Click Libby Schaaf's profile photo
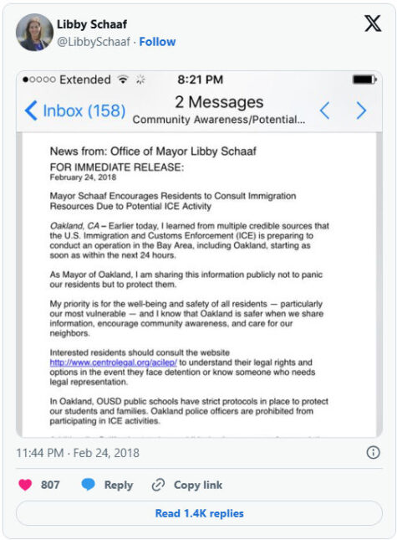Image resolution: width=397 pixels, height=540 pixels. [x=34, y=32]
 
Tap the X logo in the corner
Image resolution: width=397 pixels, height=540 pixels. [x=373, y=23]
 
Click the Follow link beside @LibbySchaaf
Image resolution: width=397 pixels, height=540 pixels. [x=157, y=42]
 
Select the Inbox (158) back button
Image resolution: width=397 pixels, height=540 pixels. [x=75, y=111]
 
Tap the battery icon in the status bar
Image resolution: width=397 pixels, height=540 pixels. [x=364, y=80]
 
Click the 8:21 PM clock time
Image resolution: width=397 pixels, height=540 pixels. [x=200, y=80]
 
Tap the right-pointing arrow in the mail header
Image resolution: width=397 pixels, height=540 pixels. [x=361, y=111]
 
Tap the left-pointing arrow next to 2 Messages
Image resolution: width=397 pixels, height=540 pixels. [x=325, y=111]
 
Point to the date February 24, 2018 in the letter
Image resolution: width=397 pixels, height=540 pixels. [x=83, y=178]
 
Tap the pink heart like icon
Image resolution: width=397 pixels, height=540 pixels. [x=25, y=485]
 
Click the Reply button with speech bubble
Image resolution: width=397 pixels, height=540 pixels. [x=106, y=485]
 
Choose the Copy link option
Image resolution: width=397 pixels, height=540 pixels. [x=186, y=485]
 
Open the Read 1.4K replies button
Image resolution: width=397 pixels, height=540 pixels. [x=199, y=513]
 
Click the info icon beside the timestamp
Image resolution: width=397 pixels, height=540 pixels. [x=373, y=452]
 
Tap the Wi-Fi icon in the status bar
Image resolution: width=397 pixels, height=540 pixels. [x=123, y=80]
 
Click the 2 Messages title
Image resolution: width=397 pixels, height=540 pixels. [x=219, y=102]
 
